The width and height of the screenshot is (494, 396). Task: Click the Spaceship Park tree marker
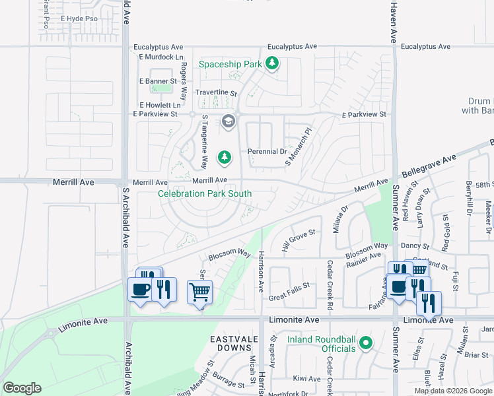pos(272,63)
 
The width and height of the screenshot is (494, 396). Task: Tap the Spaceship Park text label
pos(230,64)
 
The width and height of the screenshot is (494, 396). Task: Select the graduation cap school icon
pos(229,121)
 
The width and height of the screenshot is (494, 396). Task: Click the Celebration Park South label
pos(205,193)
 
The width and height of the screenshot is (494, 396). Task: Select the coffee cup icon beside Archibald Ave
pos(140,289)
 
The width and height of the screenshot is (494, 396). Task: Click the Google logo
pos(22,388)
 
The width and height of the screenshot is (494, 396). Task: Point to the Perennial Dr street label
pos(267,152)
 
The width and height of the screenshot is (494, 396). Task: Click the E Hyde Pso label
pos(79,19)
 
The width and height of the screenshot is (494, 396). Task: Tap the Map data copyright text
pos(452,391)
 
